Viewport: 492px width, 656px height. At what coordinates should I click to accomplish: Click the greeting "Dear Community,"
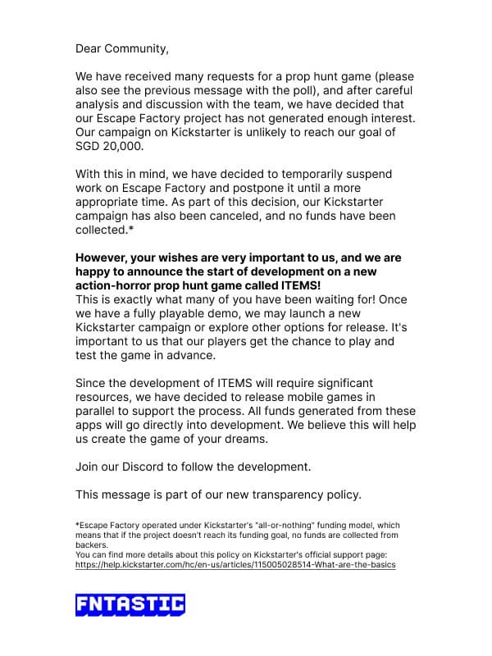point(122,48)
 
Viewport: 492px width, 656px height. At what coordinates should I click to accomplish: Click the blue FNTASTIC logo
point(130,605)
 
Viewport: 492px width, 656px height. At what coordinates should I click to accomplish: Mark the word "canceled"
point(271,216)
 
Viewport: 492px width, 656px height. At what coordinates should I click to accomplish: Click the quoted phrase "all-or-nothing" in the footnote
point(289,526)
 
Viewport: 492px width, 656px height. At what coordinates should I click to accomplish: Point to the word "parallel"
point(98,411)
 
